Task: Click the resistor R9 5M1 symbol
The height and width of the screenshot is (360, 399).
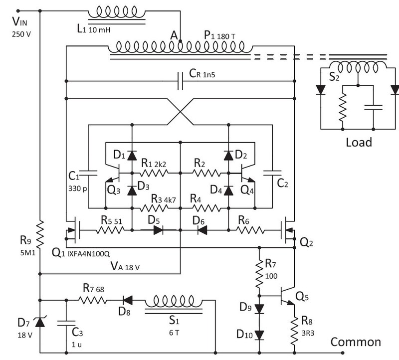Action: tap(40, 235)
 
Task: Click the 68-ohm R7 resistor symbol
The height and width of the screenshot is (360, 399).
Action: tap(93, 300)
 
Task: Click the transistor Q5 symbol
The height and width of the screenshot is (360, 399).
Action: tap(287, 295)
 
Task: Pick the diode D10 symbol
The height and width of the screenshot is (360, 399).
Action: tap(259, 333)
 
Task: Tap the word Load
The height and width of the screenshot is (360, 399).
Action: tap(359, 142)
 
